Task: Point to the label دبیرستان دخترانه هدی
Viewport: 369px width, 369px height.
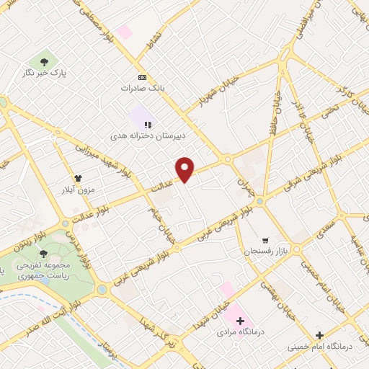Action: (x=138, y=135)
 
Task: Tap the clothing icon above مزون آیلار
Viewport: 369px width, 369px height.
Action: (x=78, y=178)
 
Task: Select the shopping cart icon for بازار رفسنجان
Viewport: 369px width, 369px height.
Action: (x=265, y=241)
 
